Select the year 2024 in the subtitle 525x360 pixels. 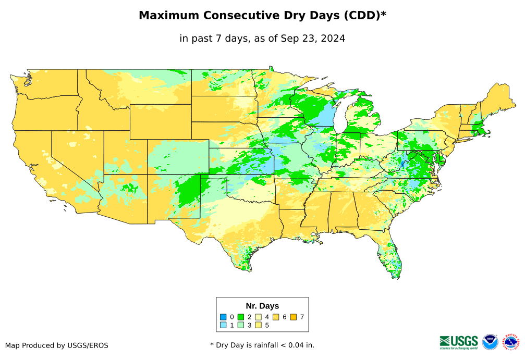point(334,38)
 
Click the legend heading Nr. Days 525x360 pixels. point(262,306)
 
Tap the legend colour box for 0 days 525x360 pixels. point(223,317)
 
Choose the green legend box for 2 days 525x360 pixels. point(241,317)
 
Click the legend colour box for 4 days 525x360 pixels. point(259,317)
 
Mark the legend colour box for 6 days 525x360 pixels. point(276,317)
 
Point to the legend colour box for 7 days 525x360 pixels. point(294,317)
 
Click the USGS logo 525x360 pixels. point(459,342)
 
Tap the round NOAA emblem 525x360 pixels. point(490,342)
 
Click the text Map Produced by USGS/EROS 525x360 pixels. point(57,345)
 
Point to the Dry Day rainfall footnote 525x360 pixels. point(262,345)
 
